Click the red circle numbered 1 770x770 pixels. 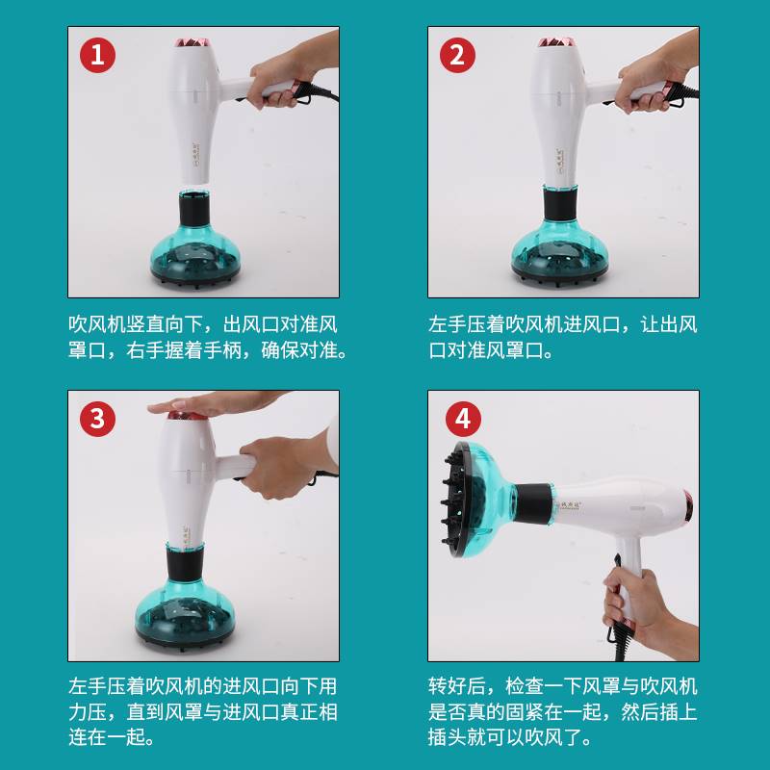(98, 55)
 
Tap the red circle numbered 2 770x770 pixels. (457, 55)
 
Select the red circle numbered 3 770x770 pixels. (98, 419)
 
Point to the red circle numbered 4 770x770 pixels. (463, 419)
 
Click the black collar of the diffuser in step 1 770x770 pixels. (194, 209)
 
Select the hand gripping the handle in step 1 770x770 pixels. (290, 74)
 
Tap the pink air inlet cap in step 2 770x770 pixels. (556, 42)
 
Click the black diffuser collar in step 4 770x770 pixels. (533, 503)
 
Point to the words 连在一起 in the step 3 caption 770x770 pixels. (107, 737)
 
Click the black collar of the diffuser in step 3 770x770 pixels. (185, 564)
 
